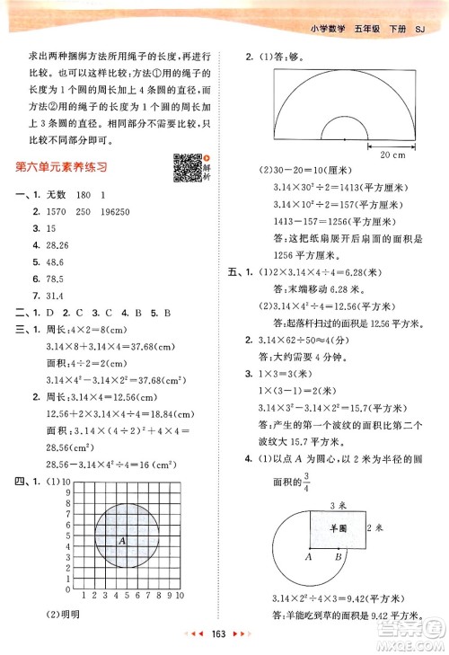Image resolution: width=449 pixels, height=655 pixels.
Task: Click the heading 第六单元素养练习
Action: click(x=62, y=167)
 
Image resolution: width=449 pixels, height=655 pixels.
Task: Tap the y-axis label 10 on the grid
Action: click(x=66, y=484)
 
